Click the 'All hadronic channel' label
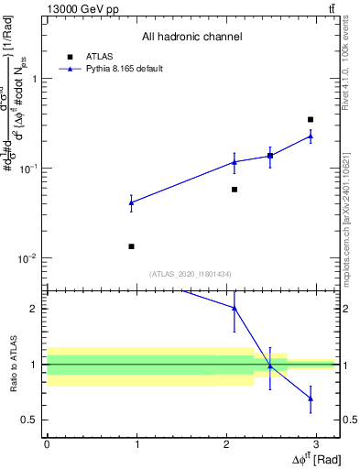pos(191,37)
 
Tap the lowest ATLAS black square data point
pos(132,246)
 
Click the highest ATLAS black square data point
pos(311,119)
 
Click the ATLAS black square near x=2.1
pos(235,190)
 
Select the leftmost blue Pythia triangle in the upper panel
pos(132,202)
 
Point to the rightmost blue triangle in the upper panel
pos(311,136)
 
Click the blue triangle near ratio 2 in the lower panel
pos(235,309)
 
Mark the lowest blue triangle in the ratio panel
pos(311,398)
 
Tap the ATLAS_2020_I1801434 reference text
pos(190,274)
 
